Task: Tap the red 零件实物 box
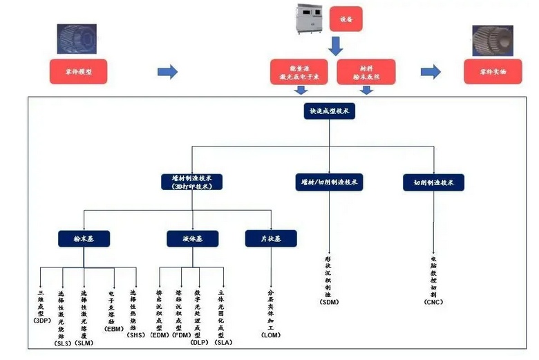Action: [493, 72]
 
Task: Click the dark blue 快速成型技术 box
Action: [330, 111]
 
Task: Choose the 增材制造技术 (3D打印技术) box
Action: [192, 182]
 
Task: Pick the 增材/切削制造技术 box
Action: [330, 182]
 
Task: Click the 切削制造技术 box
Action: [433, 182]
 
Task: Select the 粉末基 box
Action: [84, 238]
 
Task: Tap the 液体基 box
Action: [192, 238]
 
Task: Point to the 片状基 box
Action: [271, 238]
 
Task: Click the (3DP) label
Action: [42, 320]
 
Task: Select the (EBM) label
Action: [114, 329]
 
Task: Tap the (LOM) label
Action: [270, 334]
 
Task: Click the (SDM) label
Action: [328, 302]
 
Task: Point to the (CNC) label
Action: [433, 302]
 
